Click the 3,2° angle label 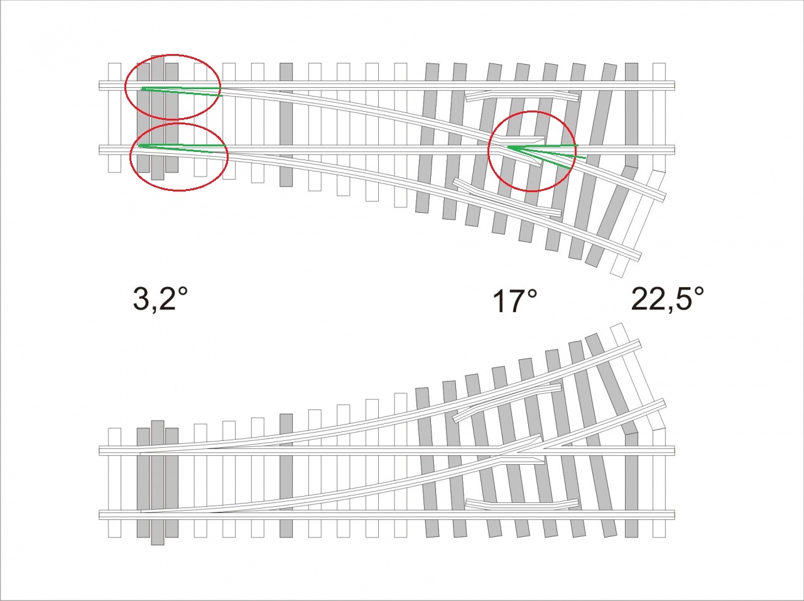coord(160,299)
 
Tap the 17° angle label coord(515,301)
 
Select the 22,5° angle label coord(667,299)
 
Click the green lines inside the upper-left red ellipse coord(182,91)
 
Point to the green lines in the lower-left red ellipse coord(182,148)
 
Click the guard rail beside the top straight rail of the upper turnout coord(523,96)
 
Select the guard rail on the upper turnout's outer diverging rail coord(508,197)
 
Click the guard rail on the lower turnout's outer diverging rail coord(508,403)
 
